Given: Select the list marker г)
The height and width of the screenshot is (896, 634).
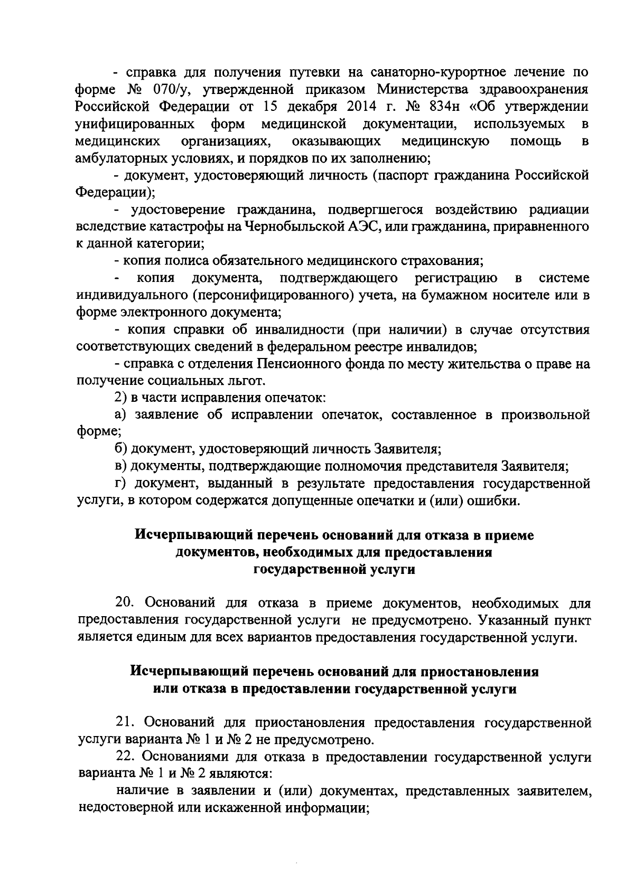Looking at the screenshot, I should coord(121,484).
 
